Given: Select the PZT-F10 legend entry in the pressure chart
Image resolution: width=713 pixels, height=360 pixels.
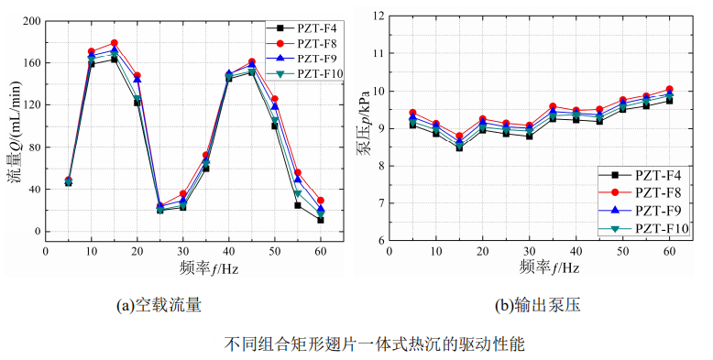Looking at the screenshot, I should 659,228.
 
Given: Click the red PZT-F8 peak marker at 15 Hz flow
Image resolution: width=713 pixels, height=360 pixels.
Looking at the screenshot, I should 115,43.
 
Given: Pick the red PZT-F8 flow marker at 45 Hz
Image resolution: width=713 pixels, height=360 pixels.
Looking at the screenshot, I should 252,62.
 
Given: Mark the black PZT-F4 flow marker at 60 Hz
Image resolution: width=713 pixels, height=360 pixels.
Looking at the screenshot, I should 321,220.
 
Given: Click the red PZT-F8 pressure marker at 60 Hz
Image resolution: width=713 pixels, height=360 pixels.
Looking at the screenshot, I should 669,89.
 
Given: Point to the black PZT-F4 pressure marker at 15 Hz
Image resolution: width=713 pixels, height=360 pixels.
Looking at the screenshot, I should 459,147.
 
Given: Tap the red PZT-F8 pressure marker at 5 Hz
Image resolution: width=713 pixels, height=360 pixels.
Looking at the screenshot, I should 412,113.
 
